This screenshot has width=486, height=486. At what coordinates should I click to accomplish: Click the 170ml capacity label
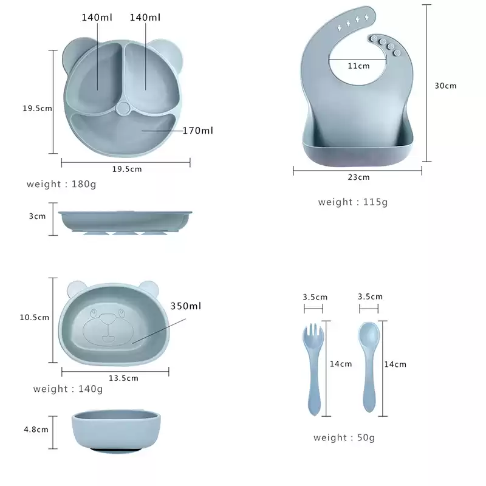coord(197,131)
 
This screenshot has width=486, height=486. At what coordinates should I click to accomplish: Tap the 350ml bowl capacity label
coord(186,306)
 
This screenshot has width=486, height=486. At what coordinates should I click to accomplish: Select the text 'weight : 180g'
coord(61,184)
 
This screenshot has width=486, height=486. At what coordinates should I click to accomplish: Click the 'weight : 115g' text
coord(353,202)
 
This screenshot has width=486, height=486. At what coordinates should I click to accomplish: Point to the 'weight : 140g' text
coord(68,389)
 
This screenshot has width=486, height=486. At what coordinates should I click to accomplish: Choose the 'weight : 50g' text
coord(344,437)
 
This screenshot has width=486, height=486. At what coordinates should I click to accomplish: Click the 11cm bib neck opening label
coord(358,66)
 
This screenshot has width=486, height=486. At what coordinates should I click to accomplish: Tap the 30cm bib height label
coord(445,86)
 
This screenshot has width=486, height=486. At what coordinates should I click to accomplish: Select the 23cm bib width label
coord(358,177)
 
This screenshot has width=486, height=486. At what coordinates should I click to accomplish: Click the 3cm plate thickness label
coord(37,216)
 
